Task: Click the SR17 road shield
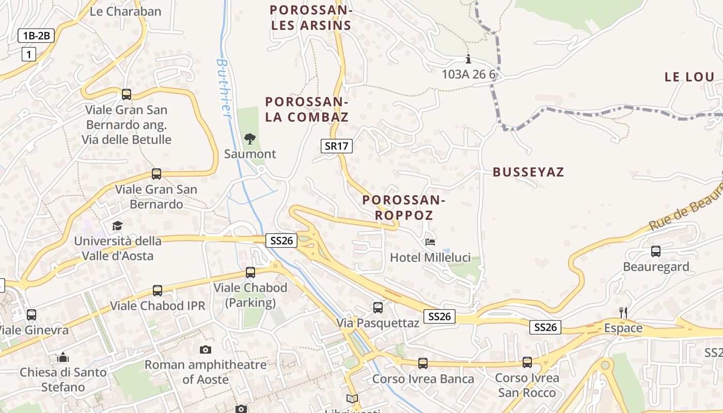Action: click(336, 146)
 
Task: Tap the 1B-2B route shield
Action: click(36, 36)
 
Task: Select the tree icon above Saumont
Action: click(250, 138)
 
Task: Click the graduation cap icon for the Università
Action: click(118, 226)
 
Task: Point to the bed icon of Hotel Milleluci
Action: click(430, 242)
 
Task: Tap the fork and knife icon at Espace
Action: click(623, 312)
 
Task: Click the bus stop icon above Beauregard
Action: click(656, 251)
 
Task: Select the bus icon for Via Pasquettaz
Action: click(378, 308)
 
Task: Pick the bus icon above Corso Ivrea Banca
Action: click(423, 363)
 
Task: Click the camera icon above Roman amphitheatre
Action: click(206, 350)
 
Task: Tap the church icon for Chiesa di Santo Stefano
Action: click(63, 357)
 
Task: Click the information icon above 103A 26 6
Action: click(468, 59)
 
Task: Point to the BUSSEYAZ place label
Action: click(528, 172)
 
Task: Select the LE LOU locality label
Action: click(689, 77)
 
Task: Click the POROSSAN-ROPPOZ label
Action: click(403, 208)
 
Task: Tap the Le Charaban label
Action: click(125, 11)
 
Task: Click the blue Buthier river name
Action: click(224, 88)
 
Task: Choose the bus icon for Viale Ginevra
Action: click(32, 314)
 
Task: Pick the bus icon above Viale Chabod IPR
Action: click(158, 291)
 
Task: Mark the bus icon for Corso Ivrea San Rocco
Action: click(527, 362)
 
